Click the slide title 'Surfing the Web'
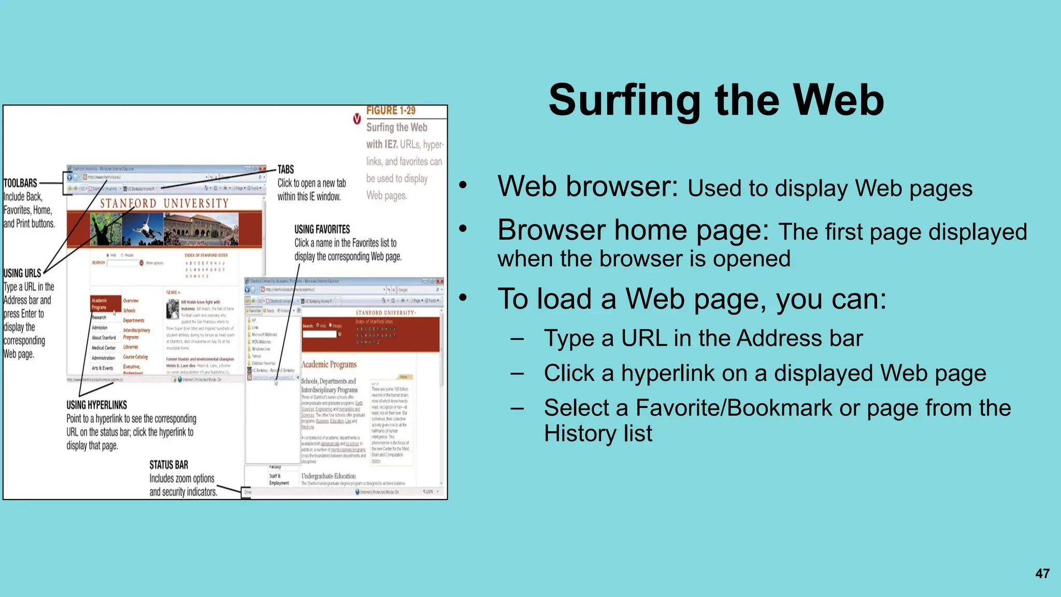click(x=716, y=100)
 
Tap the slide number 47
click(x=1042, y=574)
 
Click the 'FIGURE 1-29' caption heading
click(x=391, y=110)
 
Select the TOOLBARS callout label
click(x=20, y=183)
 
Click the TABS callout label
click(x=285, y=169)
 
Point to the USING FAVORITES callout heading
click(x=322, y=229)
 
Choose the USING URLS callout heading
click(x=22, y=273)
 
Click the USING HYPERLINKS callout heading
click(x=96, y=405)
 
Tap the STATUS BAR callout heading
click(x=168, y=465)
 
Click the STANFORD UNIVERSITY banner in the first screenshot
click(x=164, y=203)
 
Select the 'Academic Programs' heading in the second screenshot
click(x=328, y=364)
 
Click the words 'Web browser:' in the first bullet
click(x=587, y=187)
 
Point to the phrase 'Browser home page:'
click(x=633, y=230)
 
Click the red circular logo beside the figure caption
click(x=357, y=119)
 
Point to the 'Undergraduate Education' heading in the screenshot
click(x=328, y=476)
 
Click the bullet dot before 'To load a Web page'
click(x=463, y=297)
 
